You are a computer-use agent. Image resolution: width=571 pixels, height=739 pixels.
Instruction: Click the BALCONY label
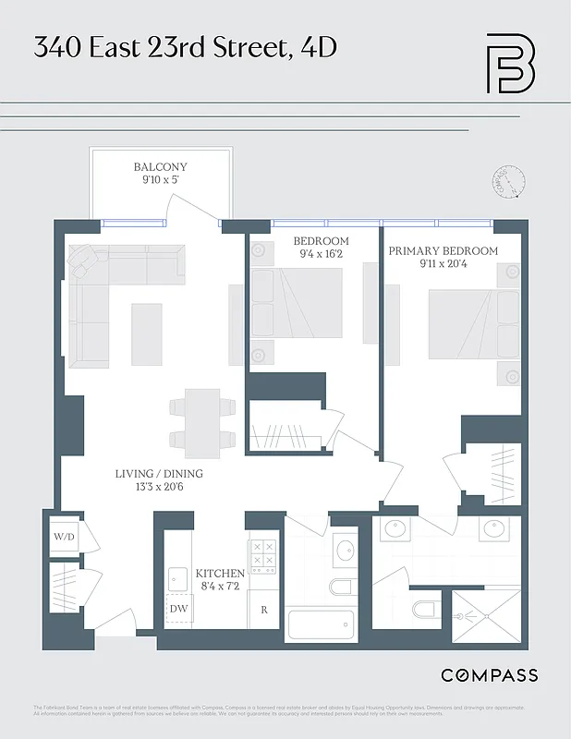click(160, 167)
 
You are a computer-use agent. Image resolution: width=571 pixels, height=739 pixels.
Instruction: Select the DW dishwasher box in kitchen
click(178, 608)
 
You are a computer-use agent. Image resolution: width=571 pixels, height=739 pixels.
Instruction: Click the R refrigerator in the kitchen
click(263, 610)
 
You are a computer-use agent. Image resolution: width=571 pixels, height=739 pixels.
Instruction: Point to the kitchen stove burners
click(262, 557)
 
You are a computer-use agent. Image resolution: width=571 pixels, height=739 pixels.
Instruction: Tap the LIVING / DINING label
click(159, 474)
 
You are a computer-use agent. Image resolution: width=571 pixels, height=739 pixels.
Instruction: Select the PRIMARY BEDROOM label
click(443, 251)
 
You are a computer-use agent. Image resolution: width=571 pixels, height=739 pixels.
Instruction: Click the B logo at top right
click(511, 63)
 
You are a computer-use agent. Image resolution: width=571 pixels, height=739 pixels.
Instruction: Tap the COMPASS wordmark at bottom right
click(489, 675)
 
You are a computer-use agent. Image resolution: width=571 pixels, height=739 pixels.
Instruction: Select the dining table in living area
click(202, 421)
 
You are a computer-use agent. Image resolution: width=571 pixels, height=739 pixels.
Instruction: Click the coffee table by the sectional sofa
click(146, 333)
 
